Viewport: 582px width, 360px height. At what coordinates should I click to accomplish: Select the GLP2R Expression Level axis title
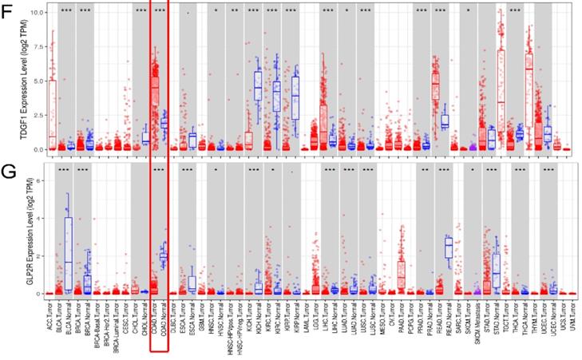[11, 231]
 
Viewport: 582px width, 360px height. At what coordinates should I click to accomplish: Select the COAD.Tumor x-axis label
[156, 323]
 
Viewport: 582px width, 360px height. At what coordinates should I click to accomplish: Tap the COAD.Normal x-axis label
[165, 324]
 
